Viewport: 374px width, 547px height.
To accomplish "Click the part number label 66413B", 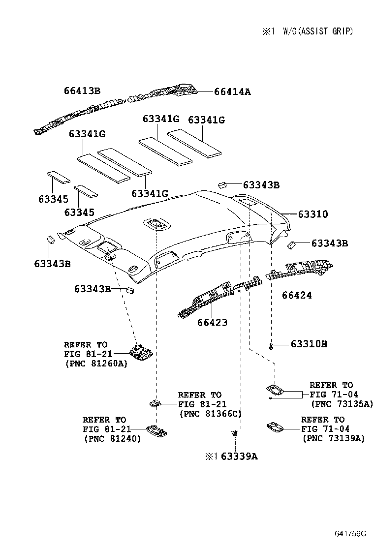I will [x=82, y=91].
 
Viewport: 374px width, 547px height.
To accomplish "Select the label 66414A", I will [x=232, y=91].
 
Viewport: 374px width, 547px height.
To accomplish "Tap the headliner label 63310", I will [x=312, y=214].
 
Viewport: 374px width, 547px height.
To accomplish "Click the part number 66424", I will [x=297, y=296].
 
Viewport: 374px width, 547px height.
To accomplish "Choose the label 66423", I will [x=213, y=323].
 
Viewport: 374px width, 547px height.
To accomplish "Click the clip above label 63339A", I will [x=235, y=433].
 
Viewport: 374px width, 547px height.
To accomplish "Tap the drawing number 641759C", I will [x=350, y=534].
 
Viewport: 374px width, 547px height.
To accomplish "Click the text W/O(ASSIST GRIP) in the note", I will [x=318, y=31].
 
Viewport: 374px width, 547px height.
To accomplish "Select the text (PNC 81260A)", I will [x=95, y=364].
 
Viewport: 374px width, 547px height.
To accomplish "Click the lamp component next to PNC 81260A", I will [x=140, y=351].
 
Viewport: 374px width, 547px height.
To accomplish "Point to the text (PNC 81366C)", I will [x=211, y=414].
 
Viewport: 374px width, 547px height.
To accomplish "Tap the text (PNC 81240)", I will [x=112, y=439].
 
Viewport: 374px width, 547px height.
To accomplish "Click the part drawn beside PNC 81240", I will [x=156, y=430].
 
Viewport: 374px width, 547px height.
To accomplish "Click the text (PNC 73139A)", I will [x=334, y=438].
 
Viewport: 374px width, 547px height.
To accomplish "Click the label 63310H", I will [x=309, y=343].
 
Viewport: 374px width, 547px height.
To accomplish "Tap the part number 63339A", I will [x=239, y=456].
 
